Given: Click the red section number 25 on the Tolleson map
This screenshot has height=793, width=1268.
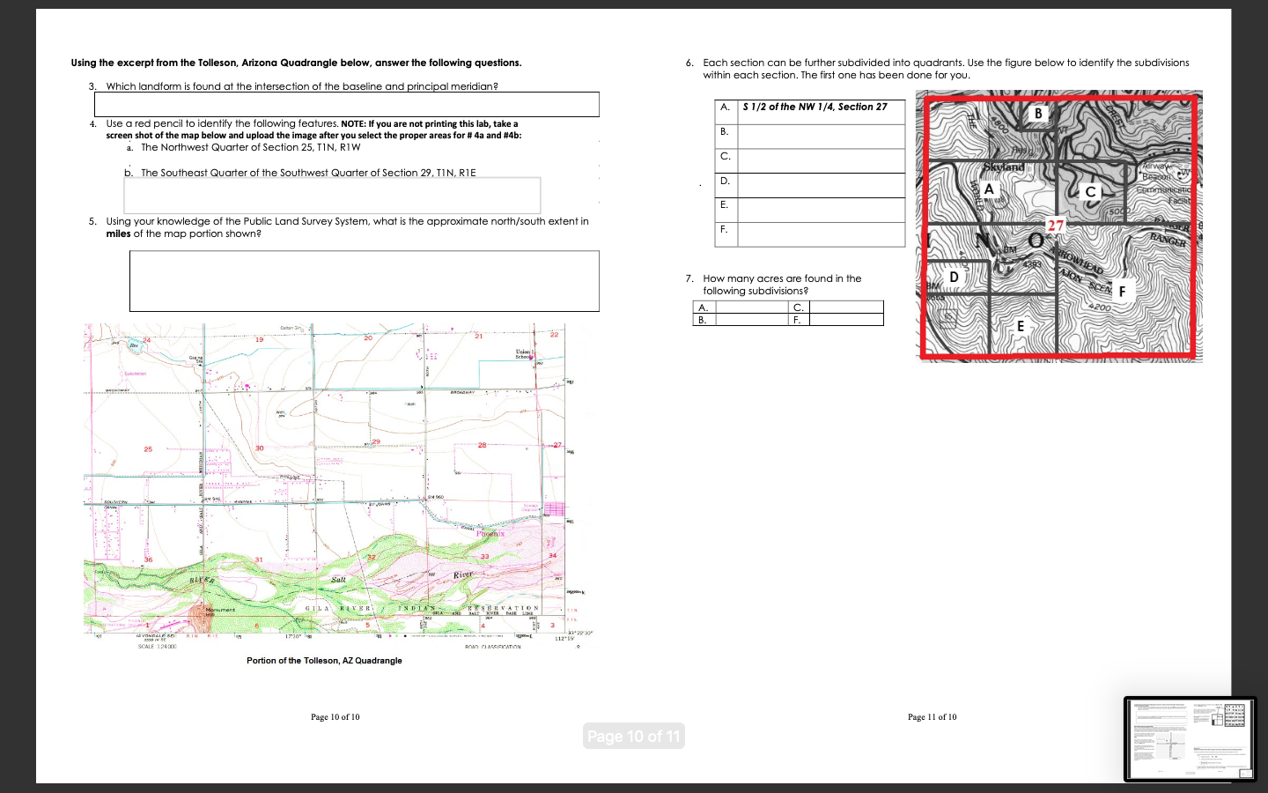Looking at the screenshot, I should (x=148, y=449).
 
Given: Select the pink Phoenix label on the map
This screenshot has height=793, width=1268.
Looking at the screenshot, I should (x=490, y=533).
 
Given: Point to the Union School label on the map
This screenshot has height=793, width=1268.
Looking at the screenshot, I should (x=525, y=353).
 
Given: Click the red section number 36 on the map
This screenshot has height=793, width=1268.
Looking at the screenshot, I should (x=148, y=560).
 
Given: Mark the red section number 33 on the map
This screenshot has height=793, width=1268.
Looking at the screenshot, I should (x=484, y=556).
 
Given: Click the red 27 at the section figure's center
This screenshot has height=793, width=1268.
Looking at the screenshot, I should (x=1055, y=226).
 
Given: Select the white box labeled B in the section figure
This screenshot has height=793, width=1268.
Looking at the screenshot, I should (x=1038, y=114).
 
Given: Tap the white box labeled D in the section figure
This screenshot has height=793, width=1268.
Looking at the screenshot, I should (x=954, y=277).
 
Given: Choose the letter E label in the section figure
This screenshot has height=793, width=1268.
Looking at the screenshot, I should (x=1021, y=326).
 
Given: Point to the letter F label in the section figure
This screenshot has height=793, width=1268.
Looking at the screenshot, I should (x=1122, y=291).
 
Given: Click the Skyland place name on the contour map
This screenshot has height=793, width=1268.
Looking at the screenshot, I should (x=1004, y=167).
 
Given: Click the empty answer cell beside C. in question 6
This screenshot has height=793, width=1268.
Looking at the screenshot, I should (x=821, y=160).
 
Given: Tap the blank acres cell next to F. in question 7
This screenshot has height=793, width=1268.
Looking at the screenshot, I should (x=845, y=320).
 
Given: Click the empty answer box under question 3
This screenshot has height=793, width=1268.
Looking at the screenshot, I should (x=346, y=104).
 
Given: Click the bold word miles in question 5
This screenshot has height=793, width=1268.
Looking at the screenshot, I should (x=118, y=233).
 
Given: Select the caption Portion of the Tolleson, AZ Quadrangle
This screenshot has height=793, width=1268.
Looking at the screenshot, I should (x=324, y=660).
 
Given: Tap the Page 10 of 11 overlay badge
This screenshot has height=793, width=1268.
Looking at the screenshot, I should (x=633, y=736).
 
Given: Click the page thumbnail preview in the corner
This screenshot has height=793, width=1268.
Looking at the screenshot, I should (x=1190, y=738).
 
